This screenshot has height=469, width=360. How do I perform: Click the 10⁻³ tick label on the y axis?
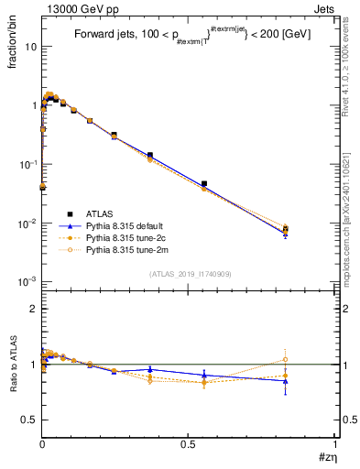(27, 282)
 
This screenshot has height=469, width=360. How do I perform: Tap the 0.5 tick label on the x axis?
(189, 442)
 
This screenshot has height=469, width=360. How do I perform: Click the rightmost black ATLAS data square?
(286, 229)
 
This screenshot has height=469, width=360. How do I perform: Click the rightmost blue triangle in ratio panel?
(286, 381)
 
